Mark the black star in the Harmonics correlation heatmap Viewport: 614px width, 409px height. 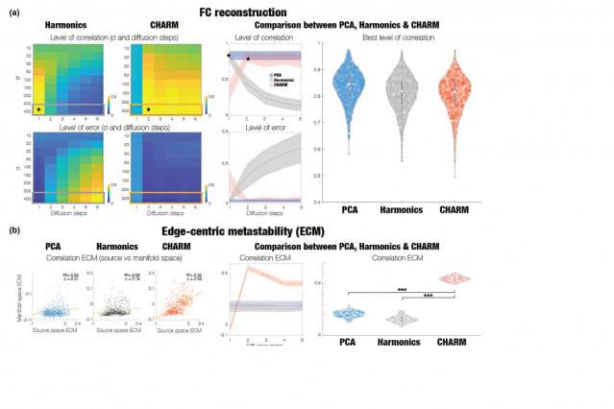pyautogui.click(x=38, y=109)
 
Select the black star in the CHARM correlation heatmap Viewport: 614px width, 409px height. pyautogui.click(x=149, y=109)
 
